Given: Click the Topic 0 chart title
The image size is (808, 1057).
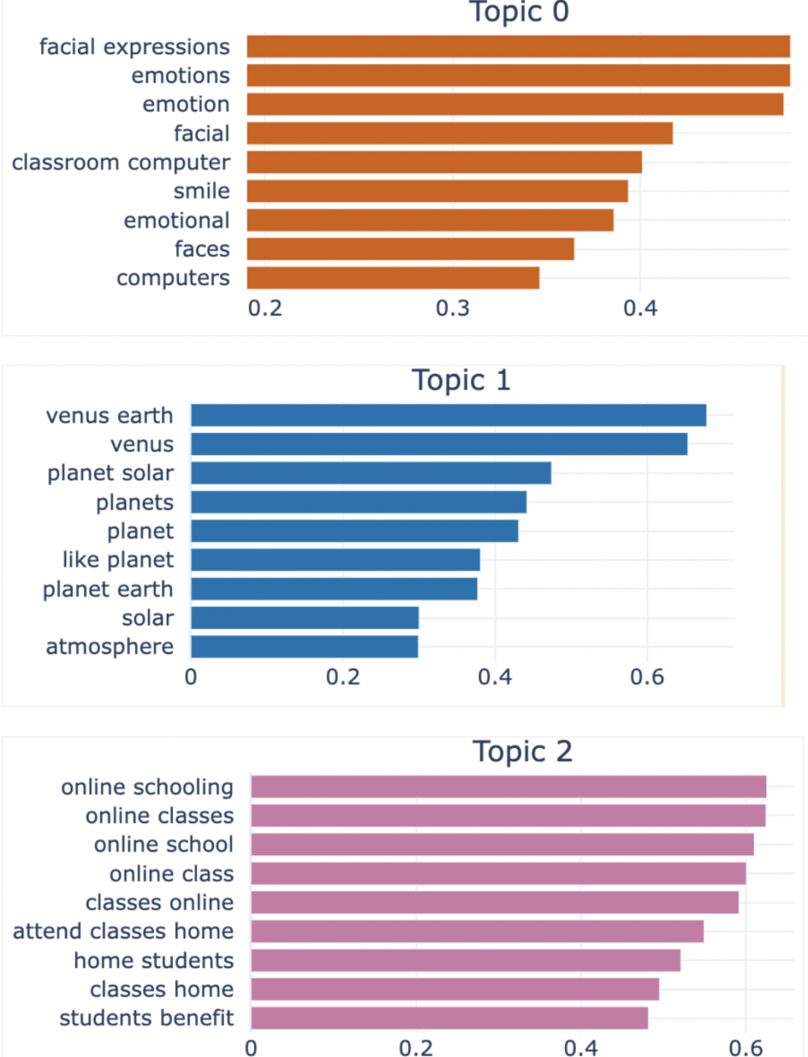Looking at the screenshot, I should tap(518, 12).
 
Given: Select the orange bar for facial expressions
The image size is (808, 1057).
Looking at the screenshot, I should tap(518, 47).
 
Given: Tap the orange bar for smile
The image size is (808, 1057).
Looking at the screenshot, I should tap(437, 191).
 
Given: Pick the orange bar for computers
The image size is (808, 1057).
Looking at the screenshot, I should tap(393, 278).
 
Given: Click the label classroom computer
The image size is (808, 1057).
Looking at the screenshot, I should tap(121, 162).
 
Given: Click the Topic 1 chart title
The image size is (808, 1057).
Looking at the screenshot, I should tap(461, 380).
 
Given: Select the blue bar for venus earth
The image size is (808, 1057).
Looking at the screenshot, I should tap(448, 415).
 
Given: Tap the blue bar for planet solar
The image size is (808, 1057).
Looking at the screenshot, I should tap(371, 473).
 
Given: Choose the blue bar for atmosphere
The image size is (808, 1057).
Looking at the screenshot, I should tap(305, 647).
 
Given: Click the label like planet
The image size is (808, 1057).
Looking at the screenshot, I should tap(118, 560).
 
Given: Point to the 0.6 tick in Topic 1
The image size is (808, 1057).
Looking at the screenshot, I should tap(647, 677).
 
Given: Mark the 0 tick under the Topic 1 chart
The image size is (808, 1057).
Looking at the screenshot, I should tap(191, 677).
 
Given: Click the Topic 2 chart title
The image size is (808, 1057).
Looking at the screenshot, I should tap(522, 752).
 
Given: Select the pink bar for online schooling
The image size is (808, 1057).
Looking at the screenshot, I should tap(508, 786).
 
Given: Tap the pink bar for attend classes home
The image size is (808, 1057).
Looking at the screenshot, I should tap(477, 932).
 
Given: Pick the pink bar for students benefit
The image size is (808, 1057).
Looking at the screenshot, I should tap(449, 1018).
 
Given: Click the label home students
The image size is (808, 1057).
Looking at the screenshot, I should tap(154, 961).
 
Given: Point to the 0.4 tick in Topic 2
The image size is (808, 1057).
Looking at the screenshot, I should tap(581, 1048).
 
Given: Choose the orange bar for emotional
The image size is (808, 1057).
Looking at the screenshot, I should tap(430, 220).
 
